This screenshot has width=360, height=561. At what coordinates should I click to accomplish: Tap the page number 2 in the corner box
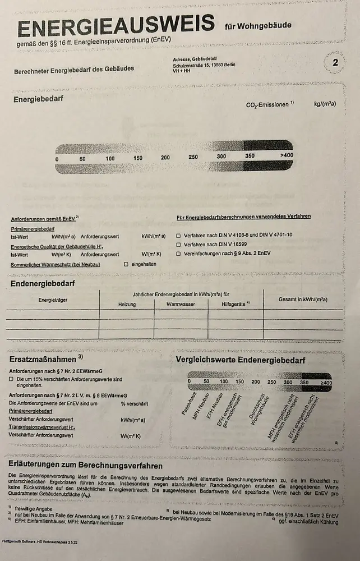coord(335,63)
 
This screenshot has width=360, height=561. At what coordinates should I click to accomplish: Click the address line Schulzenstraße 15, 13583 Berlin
coord(204,65)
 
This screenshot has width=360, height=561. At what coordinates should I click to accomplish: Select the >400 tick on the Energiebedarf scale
coord(286,155)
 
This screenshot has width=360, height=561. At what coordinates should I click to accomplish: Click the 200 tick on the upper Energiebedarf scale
coord(165,158)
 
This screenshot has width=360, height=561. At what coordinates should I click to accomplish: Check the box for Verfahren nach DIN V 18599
coord(179,245)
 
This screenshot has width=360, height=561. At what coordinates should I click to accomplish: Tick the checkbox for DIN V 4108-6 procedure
coord(179,236)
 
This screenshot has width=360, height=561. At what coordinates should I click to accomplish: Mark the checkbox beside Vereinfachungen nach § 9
coord(179,254)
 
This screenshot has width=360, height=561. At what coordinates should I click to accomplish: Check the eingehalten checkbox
coord(126,264)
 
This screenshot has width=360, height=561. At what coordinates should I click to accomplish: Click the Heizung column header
coord(127,304)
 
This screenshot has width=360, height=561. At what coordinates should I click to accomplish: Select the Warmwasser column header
coord(180,304)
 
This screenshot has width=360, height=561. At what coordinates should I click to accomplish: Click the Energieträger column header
coord(53,300)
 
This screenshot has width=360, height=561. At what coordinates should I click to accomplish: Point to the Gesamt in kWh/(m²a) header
coord(303,299)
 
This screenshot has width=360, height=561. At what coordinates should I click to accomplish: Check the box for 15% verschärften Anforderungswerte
coord(11,380)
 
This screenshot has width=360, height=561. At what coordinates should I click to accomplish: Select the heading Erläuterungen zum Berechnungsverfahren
coord(85,466)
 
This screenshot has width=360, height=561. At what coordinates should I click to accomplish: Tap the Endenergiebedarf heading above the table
coord(43,283)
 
